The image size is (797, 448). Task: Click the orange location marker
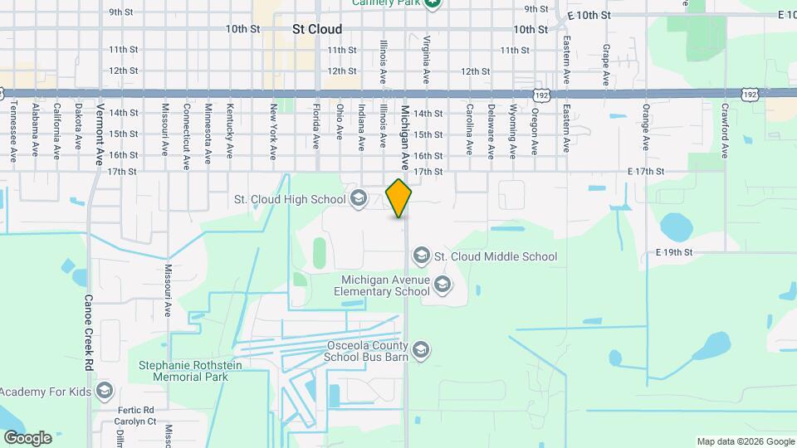(x=399, y=198)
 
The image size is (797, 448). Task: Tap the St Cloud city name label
(x=316, y=29)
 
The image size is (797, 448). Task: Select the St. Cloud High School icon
(x=359, y=198)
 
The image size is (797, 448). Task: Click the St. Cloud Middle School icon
(x=422, y=256)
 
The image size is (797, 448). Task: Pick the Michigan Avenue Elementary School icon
(x=443, y=285)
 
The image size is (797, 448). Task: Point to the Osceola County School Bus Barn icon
(x=421, y=350)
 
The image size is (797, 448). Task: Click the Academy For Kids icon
(x=105, y=391)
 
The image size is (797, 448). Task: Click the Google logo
(x=27, y=437)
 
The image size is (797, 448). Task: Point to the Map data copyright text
(x=746, y=441)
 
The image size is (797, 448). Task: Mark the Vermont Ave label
(x=100, y=134)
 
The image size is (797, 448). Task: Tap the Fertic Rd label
(x=136, y=410)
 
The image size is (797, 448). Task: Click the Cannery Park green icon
(x=433, y=2)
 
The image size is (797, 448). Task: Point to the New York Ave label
(x=272, y=131)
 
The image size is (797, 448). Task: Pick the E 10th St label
(x=589, y=16)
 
